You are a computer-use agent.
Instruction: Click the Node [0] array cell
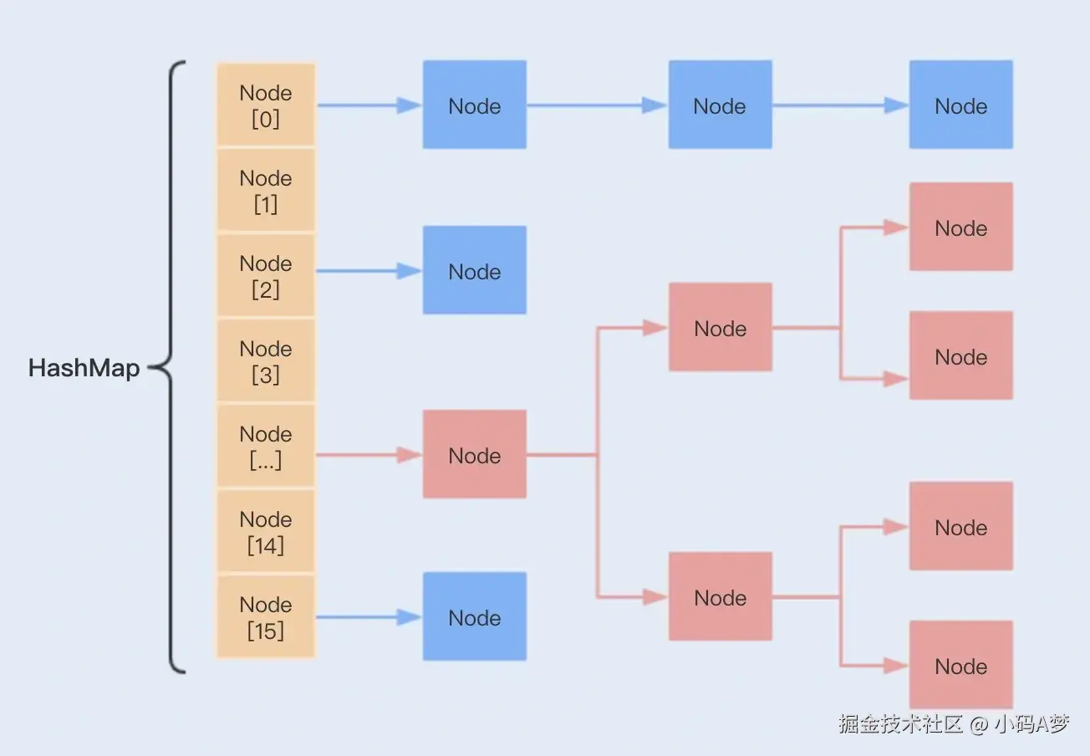tap(266, 105)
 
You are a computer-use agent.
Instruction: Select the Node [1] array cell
tap(266, 191)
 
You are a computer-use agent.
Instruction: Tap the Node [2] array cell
tap(266, 276)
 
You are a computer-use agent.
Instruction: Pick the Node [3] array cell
tap(266, 361)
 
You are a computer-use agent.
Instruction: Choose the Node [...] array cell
tap(266, 447)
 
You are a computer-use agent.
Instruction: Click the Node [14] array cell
tap(266, 532)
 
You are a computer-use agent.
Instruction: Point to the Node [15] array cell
tap(266, 617)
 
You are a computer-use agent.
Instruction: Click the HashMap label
tap(84, 368)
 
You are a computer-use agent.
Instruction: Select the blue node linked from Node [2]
tap(474, 270)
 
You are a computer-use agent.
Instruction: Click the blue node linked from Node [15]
tap(474, 616)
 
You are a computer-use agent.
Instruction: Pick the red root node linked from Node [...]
tap(474, 454)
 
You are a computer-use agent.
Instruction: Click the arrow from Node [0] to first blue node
tap(368, 105)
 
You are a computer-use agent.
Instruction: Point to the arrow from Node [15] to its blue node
tap(368, 617)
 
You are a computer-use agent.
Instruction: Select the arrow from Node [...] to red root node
tap(368, 455)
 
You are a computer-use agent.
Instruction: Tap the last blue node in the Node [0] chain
tap(960, 105)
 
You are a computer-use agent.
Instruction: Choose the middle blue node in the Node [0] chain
tap(720, 105)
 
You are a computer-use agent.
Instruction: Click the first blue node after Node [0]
tap(474, 105)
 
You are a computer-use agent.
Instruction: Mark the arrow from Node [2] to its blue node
tap(368, 271)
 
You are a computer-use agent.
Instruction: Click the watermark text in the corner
tap(953, 723)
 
